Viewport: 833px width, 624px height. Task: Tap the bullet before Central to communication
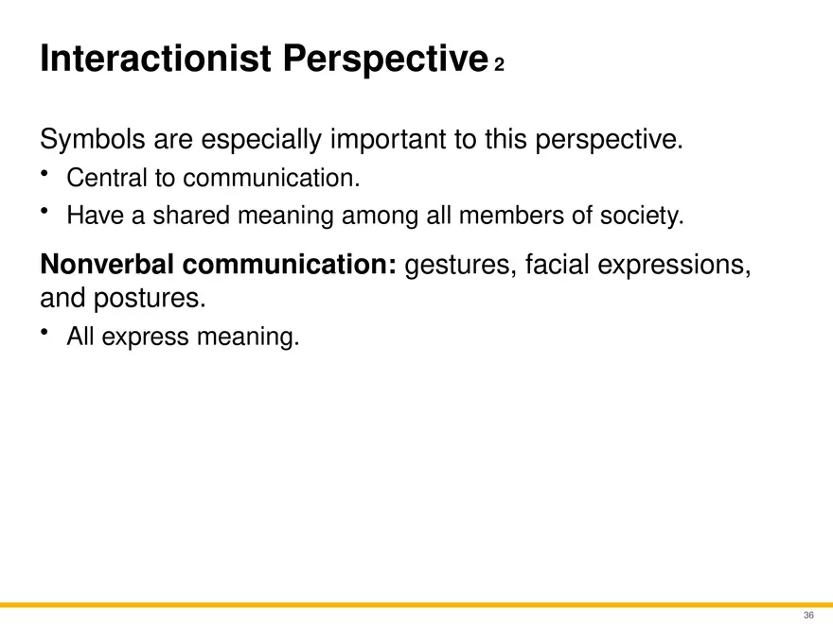(45, 174)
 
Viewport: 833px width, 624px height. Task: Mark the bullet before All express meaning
(45, 332)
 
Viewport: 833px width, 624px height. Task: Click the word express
(146, 338)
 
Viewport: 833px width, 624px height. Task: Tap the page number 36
(808, 615)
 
